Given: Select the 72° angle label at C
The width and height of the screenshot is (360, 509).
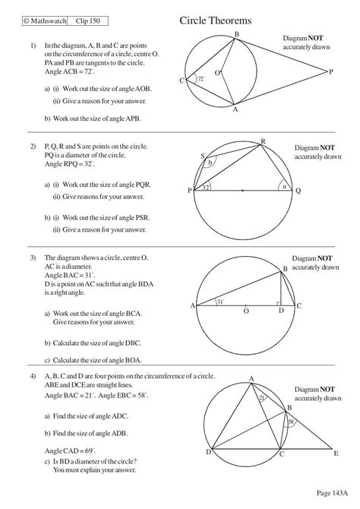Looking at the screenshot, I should click(201, 78).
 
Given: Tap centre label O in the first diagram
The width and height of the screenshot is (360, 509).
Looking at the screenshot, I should click(218, 73).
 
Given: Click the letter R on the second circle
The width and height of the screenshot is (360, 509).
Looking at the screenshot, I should click(263, 142).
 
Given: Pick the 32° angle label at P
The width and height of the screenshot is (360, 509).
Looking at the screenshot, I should click(206, 186).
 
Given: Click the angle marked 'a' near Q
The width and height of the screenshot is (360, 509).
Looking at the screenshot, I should click(283, 185).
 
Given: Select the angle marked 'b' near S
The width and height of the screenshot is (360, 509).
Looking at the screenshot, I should click(212, 161).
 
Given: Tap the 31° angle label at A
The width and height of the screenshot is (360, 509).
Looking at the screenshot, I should click(219, 302).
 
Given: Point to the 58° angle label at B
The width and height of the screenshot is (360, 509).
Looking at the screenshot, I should click(289, 422).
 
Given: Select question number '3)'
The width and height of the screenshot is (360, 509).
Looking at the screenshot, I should click(33, 258).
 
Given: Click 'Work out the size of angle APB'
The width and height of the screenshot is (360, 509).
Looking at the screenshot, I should click(97, 119).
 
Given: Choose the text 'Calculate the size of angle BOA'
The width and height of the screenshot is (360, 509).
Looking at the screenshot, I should click(97, 360).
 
